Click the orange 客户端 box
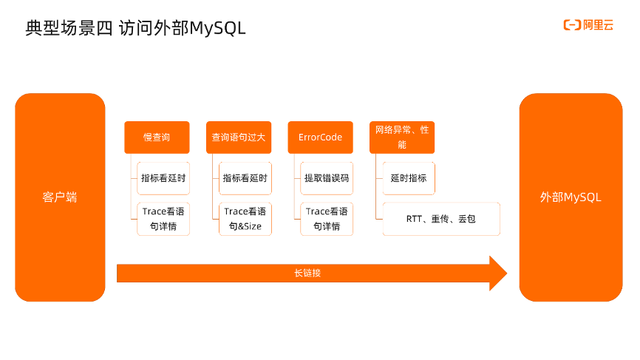60,197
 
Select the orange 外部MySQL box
571,197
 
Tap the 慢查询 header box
157,137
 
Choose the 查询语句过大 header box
239,137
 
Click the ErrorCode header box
320,137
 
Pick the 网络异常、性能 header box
401,137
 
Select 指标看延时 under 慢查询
163,178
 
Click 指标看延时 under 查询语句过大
245,178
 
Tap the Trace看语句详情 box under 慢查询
163,219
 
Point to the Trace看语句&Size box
245,219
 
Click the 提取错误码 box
327,178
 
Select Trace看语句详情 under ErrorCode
327,219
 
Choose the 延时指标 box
409,178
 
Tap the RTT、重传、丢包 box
441,219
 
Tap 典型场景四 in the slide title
69,28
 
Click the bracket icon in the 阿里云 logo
571,26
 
